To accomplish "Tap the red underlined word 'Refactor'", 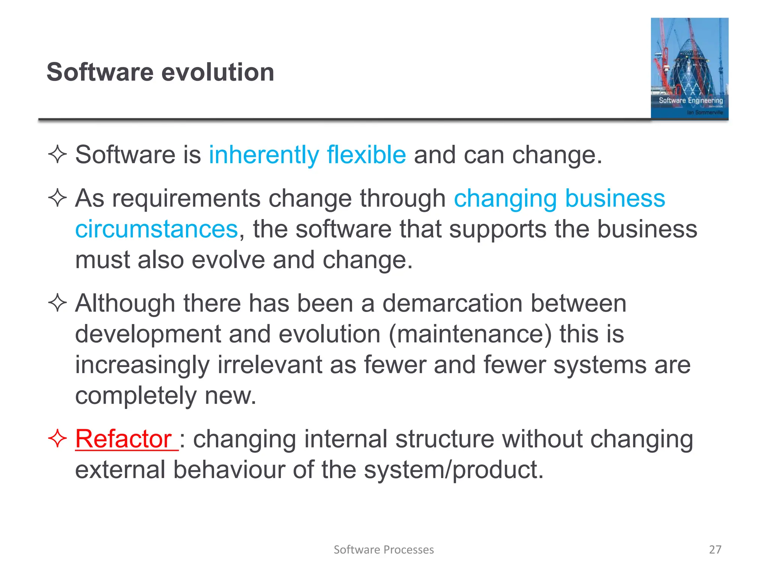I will click(x=124, y=439).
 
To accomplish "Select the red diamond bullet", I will click(x=57, y=438).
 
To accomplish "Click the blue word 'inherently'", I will click(x=264, y=155).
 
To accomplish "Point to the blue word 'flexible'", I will click(x=366, y=155).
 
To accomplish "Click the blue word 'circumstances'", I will click(x=157, y=229).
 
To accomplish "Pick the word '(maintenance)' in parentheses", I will click(x=470, y=334).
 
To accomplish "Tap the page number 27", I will click(x=715, y=549).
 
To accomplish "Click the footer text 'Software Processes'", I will click(x=384, y=549).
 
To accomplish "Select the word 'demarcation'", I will click(x=452, y=303).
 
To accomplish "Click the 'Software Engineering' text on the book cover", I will click(x=691, y=100).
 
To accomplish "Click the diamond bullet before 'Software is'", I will click(x=57, y=154).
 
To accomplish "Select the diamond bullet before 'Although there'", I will click(x=57, y=303).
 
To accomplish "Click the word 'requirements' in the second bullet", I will click(x=186, y=198).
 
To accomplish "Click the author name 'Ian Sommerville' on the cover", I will click(x=705, y=112).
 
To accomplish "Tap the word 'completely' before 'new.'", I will click(x=136, y=396).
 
